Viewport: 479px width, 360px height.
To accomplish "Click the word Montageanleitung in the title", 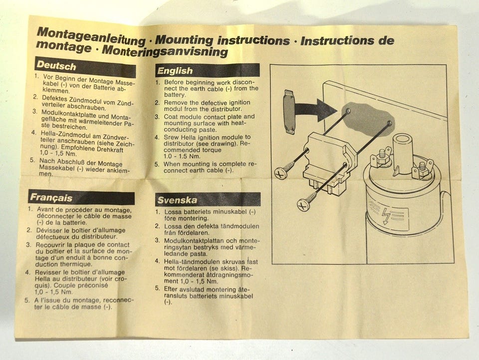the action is click(x=91, y=36).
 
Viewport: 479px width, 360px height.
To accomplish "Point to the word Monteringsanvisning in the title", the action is click(x=165, y=51).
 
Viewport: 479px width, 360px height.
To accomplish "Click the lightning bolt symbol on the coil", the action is click(x=386, y=216).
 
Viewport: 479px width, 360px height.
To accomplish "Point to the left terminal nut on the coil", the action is click(x=382, y=157).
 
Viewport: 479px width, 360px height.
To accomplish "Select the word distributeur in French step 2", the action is click(x=99, y=237).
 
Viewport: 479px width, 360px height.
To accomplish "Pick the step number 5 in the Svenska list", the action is click(x=157, y=288).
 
